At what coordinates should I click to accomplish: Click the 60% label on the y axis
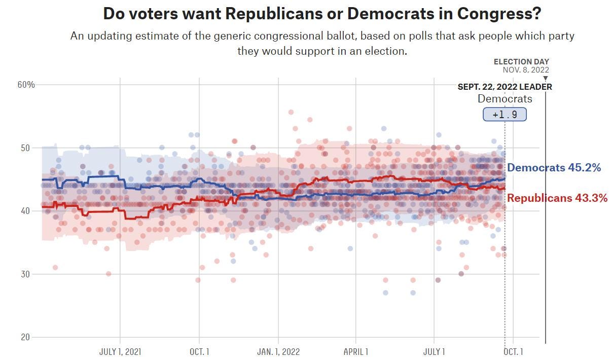click(26, 84)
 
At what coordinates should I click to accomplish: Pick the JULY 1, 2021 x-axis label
click(120, 351)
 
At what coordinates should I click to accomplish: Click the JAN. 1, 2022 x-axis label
click(278, 351)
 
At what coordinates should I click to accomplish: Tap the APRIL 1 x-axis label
click(356, 351)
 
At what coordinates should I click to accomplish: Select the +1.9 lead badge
click(504, 115)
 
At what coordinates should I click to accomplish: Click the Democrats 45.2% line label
click(554, 168)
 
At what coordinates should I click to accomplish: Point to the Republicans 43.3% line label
click(557, 198)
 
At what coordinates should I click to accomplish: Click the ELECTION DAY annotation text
click(521, 62)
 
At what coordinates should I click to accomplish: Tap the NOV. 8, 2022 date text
click(526, 70)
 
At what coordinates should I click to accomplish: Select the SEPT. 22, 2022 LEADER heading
click(504, 87)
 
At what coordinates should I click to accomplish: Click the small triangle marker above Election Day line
click(546, 79)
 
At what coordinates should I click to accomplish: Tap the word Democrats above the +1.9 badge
click(504, 99)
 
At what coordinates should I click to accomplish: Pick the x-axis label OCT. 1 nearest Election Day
click(513, 351)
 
